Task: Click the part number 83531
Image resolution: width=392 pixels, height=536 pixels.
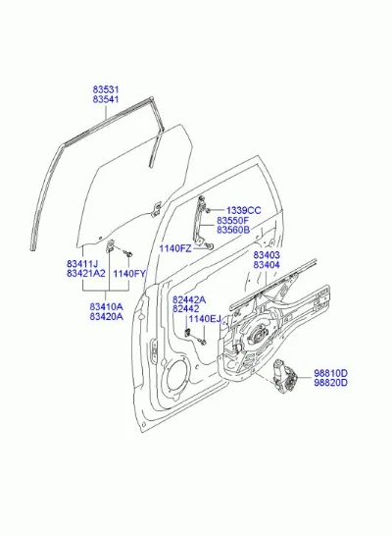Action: pyautogui.click(x=106, y=89)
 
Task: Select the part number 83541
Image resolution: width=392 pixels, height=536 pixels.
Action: pyautogui.click(x=106, y=99)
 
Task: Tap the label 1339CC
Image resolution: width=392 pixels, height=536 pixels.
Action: pyautogui.click(x=243, y=210)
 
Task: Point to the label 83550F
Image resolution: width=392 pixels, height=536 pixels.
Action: pyautogui.click(x=233, y=220)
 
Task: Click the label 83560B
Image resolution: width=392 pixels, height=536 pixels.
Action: pyautogui.click(x=233, y=230)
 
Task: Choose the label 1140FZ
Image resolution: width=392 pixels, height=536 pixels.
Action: pyautogui.click(x=175, y=248)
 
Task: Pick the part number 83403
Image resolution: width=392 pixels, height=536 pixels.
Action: pyautogui.click(x=267, y=255)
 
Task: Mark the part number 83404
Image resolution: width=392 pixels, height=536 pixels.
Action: pyautogui.click(x=267, y=265)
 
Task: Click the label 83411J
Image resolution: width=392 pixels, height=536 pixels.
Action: pyautogui.click(x=82, y=264)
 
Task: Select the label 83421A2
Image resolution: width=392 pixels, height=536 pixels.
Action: pyautogui.click(x=86, y=274)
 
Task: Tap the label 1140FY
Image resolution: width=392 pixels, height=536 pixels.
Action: pyautogui.click(x=129, y=274)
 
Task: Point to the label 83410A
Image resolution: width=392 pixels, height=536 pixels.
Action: pyautogui.click(x=107, y=306)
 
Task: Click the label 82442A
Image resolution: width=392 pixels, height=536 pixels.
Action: pyautogui.click(x=189, y=299)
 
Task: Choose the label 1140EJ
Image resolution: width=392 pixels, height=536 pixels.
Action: pyautogui.click(x=205, y=319)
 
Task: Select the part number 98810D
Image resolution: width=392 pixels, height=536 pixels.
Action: pyautogui.click(x=330, y=373)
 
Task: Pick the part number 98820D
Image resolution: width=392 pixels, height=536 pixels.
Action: pyautogui.click(x=330, y=383)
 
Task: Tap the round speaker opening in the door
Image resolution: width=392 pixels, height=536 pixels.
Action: pyautogui.click(x=176, y=375)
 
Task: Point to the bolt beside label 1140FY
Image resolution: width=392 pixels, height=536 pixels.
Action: pyautogui.click(x=128, y=253)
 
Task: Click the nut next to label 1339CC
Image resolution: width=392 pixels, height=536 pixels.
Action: pyautogui.click(x=209, y=210)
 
